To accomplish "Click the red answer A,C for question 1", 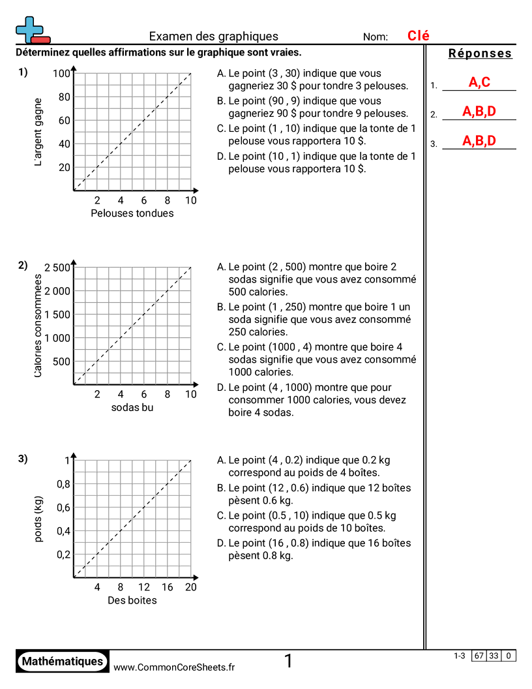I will click(479, 83).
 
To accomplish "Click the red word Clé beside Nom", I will click(419, 37).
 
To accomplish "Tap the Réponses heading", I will click(480, 54).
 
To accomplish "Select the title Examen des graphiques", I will click(214, 37).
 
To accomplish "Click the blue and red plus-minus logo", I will click(31, 30).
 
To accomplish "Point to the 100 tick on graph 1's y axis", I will click(61, 73).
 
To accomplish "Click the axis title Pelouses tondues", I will click(132, 213).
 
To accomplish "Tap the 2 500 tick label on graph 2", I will click(57, 267).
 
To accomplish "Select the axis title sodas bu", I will click(132, 408).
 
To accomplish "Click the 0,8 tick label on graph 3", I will click(63, 483).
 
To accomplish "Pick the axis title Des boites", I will click(132, 600).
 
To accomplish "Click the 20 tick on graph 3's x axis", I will click(191, 587).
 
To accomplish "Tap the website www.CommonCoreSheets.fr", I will click(174, 667).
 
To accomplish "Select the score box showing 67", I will click(479, 656).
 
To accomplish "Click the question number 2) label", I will click(23, 265).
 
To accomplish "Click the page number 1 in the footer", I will click(288, 662).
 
